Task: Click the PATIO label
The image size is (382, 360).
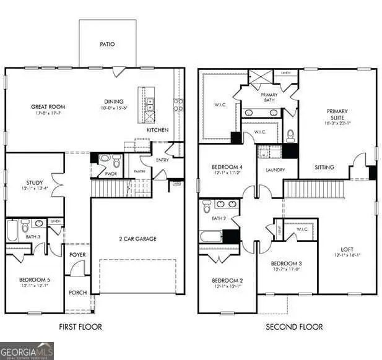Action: tap(108, 45)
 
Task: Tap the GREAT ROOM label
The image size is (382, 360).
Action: tap(48, 107)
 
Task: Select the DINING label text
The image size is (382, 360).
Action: tap(114, 101)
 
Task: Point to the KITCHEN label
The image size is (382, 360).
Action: tap(157, 130)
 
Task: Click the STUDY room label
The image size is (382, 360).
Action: tap(34, 183)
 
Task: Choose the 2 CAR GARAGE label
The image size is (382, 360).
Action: tap(137, 239)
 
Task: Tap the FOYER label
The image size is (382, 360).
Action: tap(78, 254)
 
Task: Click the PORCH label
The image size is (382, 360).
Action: tap(78, 293)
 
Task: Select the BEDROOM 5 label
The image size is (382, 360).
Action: tap(34, 280)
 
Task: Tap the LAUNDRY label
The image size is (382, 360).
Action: tap(275, 169)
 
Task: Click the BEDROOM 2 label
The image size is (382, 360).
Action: tap(227, 280)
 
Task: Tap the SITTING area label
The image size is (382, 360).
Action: tap(324, 168)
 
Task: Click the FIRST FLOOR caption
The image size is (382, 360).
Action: tap(80, 327)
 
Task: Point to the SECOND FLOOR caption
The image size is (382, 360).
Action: tap(294, 327)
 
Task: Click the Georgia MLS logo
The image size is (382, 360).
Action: tap(27, 351)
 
